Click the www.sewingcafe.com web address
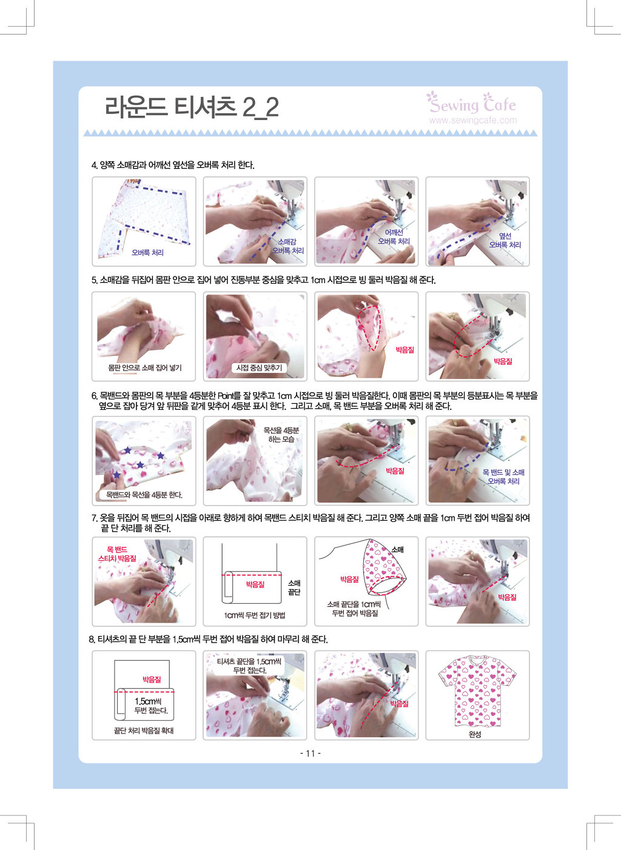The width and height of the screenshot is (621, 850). pyautogui.click(x=473, y=120)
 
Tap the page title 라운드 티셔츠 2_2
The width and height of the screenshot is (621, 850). pyautogui.click(x=192, y=107)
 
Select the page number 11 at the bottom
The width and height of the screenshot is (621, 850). pyautogui.click(x=310, y=754)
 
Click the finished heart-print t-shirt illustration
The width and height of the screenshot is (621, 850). pyautogui.click(x=477, y=691)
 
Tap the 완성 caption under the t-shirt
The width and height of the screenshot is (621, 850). pyautogui.click(x=475, y=734)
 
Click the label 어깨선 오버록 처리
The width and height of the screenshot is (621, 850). pyautogui.click(x=394, y=237)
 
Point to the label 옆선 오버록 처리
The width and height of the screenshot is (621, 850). pyautogui.click(x=505, y=241)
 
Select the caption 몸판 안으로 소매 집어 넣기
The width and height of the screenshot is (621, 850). pyautogui.click(x=144, y=367)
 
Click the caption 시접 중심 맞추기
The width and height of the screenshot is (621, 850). pyautogui.click(x=259, y=367)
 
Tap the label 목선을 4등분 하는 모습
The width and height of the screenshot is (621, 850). pyautogui.click(x=281, y=435)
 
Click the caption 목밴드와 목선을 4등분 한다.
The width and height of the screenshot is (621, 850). pyautogui.click(x=144, y=495)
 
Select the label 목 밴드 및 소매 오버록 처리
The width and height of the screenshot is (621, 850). pyautogui.click(x=503, y=477)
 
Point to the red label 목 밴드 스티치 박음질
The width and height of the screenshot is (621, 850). pyautogui.click(x=117, y=554)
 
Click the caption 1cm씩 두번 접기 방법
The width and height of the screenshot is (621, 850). pyautogui.click(x=254, y=615)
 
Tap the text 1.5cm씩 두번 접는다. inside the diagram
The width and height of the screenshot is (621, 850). pyautogui.click(x=151, y=706)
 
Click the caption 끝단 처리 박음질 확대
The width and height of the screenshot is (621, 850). pyautogui.click(x=144, y=731)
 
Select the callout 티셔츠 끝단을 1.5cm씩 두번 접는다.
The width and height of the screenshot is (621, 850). pyautogui.click(x=249, y=666)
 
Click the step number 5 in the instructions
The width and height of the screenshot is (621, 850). pyautogui.click(x=93, y=280)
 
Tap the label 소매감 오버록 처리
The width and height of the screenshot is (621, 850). pyautogui.click(x=287, y=246)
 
